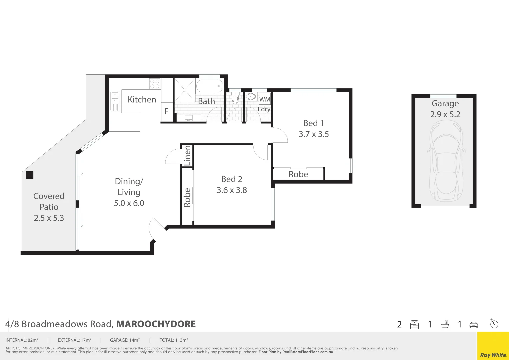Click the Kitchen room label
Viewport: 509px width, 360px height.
point(142,99)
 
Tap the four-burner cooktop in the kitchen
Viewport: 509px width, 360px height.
point(155,84)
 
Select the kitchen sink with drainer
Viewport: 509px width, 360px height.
point(115,101)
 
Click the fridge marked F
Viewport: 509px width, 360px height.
point(166,111)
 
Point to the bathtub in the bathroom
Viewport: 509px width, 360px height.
point(209,86)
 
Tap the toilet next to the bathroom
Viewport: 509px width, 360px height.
point(235,99)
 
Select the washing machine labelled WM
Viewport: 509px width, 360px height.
point(265,99)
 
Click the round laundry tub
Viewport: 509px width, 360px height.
point(251,97)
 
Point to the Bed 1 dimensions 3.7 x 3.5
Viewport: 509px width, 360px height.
point(314,134)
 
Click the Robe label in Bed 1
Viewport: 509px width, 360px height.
point(298,174)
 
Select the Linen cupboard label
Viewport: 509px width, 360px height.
point(187,155)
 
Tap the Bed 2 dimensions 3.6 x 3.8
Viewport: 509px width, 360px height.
point(232,190)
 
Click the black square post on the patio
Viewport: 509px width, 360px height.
point(30,175)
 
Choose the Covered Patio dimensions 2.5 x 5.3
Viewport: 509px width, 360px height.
point(49,218)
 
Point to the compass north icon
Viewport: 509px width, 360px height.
point(494,323)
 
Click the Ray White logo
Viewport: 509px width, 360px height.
point(493,355)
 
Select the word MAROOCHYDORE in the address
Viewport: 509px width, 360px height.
point(156,324)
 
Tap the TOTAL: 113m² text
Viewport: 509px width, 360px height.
point(174,340)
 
